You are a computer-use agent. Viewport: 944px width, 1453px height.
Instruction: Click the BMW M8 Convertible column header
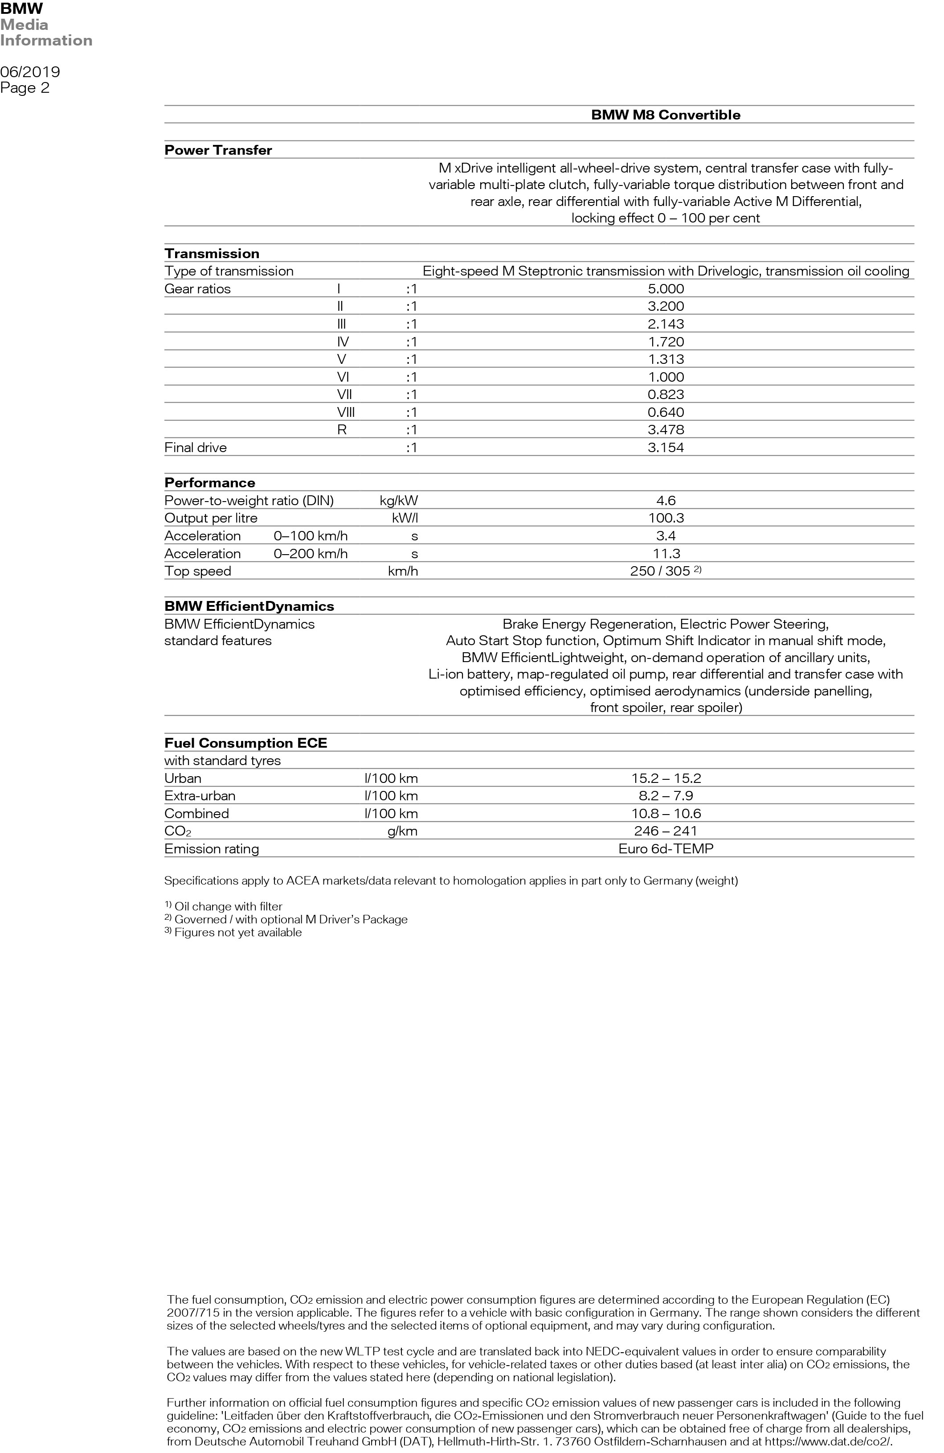point(665,115)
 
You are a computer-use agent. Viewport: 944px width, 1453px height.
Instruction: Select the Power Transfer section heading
point(218,150)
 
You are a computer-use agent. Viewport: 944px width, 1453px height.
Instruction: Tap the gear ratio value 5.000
point(666,289)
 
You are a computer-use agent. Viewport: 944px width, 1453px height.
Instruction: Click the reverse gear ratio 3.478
point(666,430)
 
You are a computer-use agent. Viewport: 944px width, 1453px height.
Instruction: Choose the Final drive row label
point(195,448)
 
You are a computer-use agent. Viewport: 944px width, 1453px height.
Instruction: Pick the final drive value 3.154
point(666,448)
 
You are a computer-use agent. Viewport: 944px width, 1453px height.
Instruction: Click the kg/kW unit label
point(398,501)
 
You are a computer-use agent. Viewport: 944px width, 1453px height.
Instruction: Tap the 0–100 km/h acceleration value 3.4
point(666,536)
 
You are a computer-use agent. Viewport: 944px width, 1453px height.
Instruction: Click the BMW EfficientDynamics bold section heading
point(249,606)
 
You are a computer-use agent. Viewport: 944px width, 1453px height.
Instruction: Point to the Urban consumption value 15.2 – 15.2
point(666,778)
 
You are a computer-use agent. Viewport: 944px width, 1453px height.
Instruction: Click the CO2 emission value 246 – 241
point(666,831)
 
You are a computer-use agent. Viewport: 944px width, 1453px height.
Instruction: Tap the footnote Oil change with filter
point(228,906)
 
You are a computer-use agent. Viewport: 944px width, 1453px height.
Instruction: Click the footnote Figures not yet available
point(237,932)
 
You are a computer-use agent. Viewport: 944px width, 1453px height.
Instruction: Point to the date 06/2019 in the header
point(30,72)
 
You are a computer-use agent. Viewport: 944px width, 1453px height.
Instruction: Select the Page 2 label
point(25,88)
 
